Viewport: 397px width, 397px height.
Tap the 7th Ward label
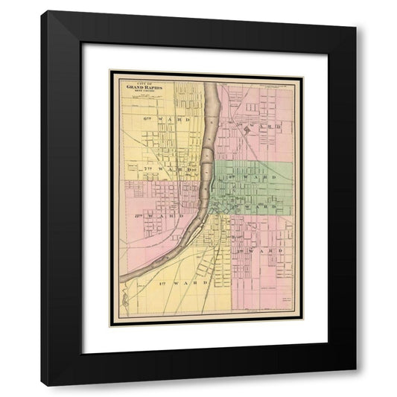pos(167,170)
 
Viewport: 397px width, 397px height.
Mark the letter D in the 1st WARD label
pos(202,284)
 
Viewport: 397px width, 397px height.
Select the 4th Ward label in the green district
pos(261,178)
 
